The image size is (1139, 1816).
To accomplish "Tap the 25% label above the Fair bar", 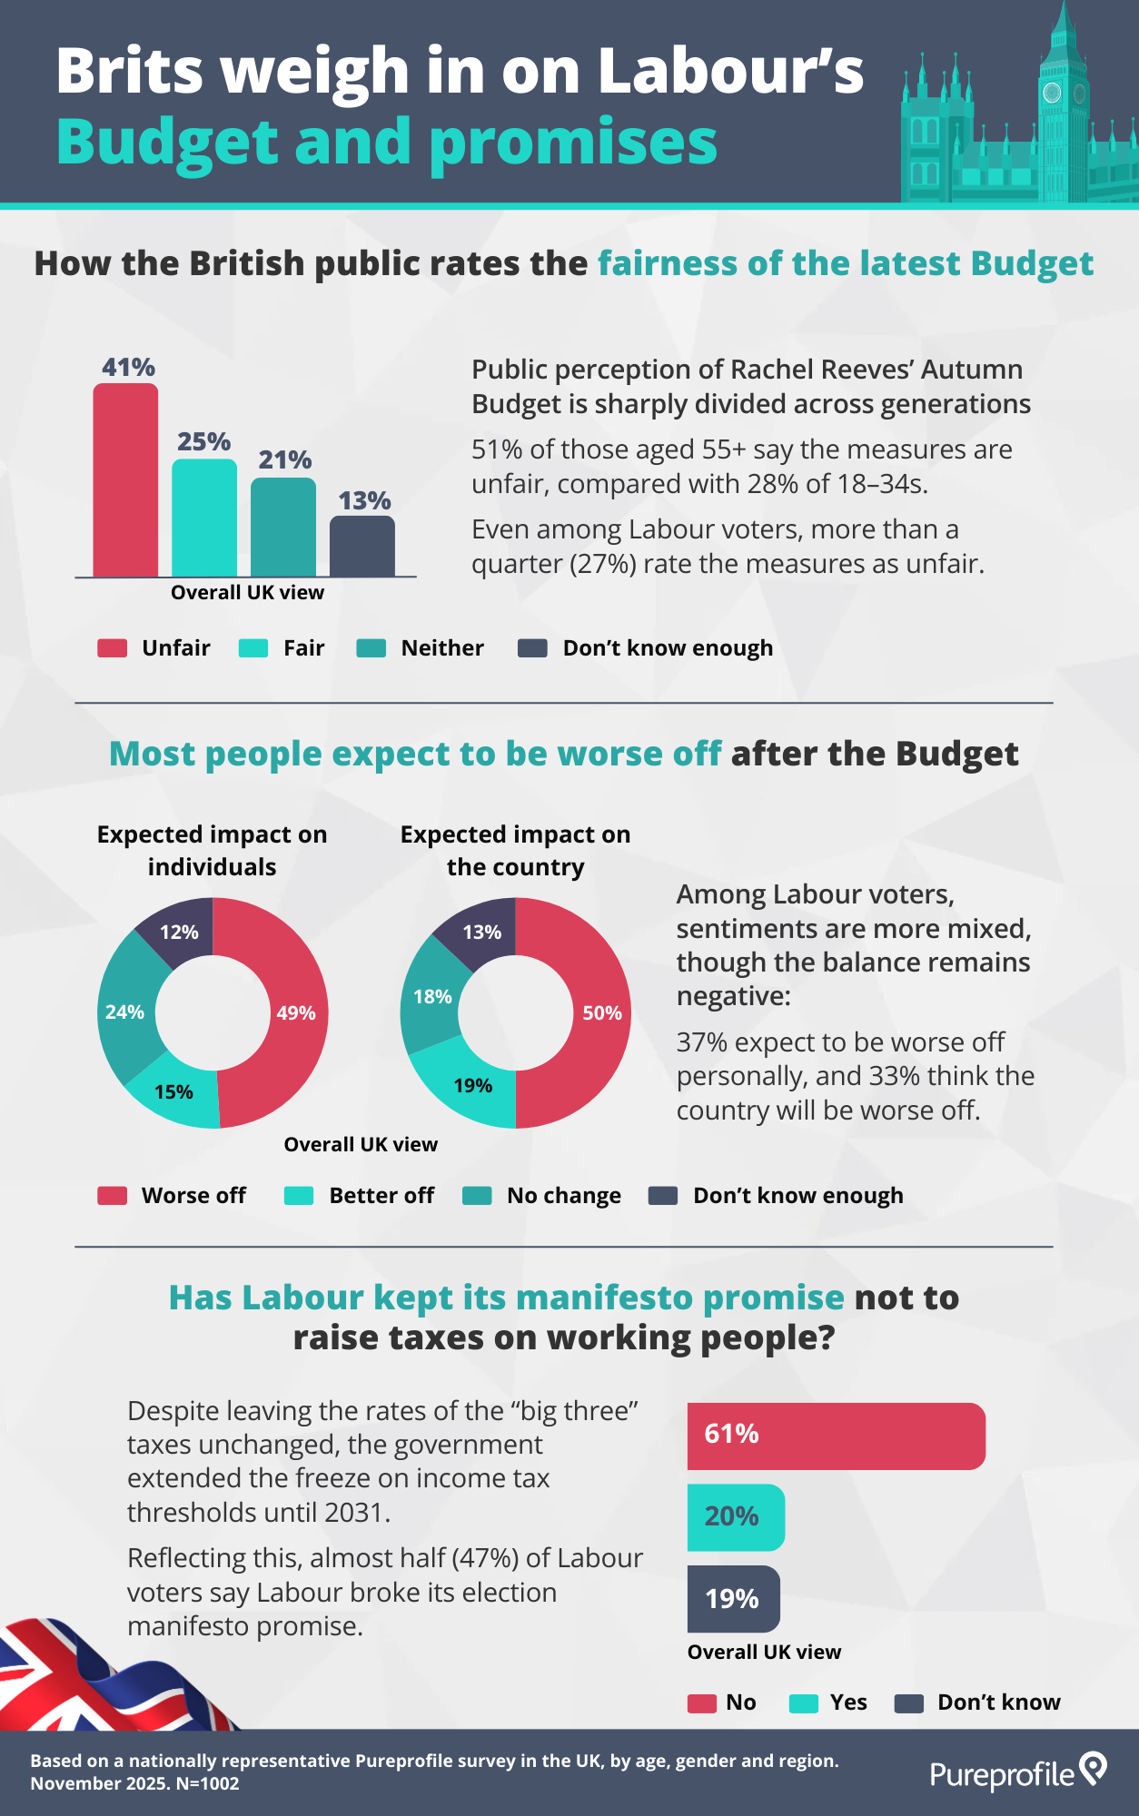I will (203, 442).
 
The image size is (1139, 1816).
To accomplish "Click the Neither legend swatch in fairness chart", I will (371, 648).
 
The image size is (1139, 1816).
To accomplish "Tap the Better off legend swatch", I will (299, 1196).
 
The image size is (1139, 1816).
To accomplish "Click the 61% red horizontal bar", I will (836, 1436).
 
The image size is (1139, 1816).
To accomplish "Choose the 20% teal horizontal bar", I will (736, 1517).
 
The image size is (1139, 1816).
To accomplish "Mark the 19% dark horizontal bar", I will (733, 1599).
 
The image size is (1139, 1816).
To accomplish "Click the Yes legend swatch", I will (804, 1703).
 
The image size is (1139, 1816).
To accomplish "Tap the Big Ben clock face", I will (1052, 93).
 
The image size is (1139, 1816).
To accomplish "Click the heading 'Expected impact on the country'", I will (515, 850).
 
